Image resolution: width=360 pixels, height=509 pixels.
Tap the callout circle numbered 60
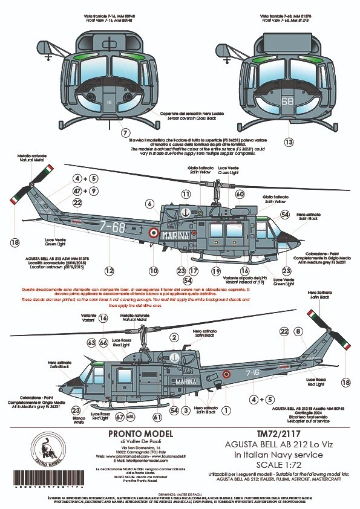[x=240, y=194]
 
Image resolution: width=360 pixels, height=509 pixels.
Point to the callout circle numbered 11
[x=186, y=194]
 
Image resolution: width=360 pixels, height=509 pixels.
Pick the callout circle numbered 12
[x=109, y=271]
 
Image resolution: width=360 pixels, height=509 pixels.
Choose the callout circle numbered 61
[x=157, y=417]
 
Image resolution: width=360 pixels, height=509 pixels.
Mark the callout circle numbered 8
[x=298, y=331]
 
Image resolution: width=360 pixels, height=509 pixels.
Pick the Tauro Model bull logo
[x=47, y=452]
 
